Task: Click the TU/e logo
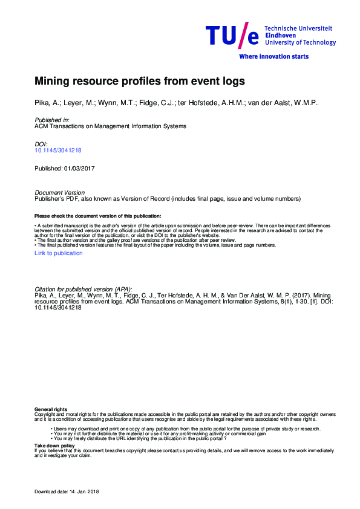(x=232, y=37)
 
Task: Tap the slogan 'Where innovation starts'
(x=273, y=56)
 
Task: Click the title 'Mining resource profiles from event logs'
(x=140, y=80)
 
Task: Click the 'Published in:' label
(x=52, y=120)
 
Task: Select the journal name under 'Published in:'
(x=110, y=126)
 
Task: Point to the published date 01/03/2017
(x=83, y=167)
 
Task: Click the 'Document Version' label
(x=60, y=193)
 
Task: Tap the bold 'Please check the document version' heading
(x=97, y=216)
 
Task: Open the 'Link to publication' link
(x=59, y=253)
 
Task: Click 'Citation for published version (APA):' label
(x=83, y=290)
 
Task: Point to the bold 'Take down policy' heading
(x=55, y=445)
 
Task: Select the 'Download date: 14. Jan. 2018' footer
(x=67, y=491)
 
